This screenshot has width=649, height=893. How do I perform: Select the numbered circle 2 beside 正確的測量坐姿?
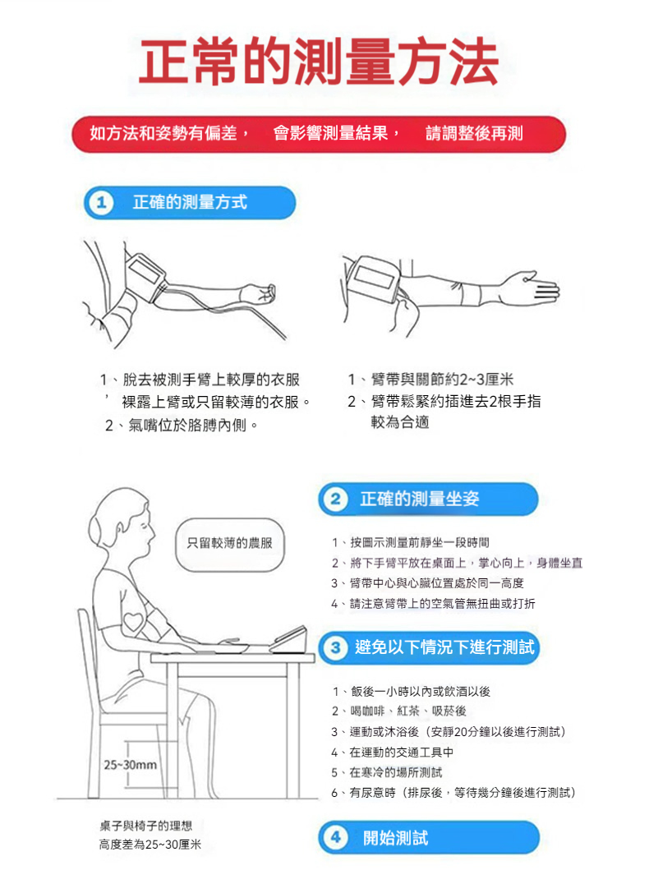[x=335, y=499]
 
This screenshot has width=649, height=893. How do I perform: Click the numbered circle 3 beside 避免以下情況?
[x=335, y=647]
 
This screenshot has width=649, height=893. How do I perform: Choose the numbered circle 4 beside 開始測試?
[x=335, y=838]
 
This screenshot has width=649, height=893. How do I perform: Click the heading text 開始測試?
[x=395, y=838]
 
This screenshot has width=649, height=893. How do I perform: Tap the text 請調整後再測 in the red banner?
[x=474, y=133]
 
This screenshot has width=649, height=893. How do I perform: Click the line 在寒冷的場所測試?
[x=396, y=772]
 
